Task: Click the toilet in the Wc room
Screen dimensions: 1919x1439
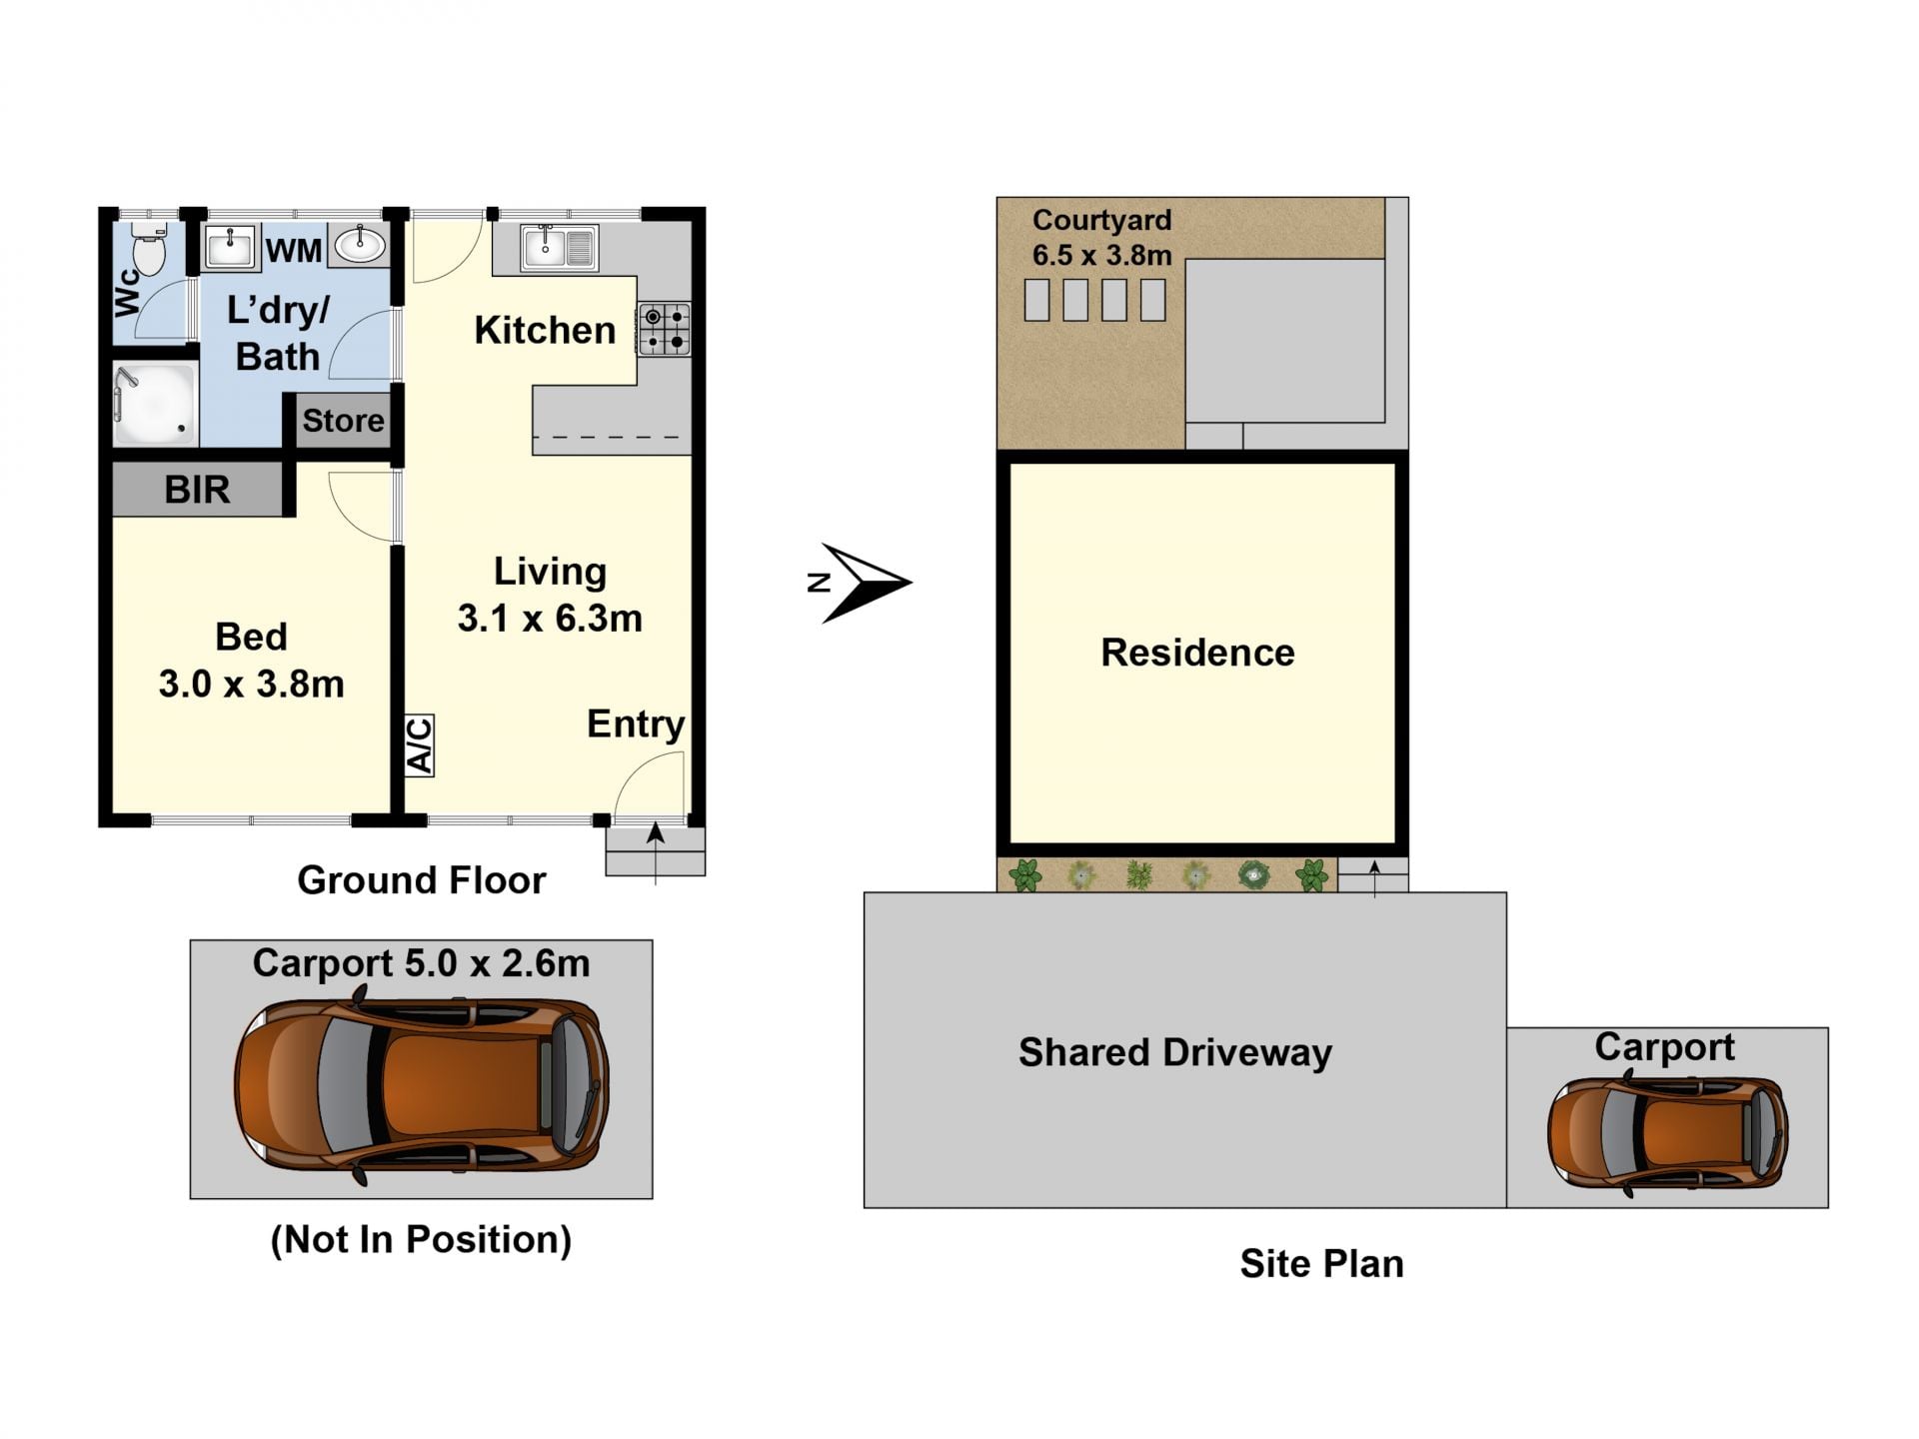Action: click(x=149, y=249)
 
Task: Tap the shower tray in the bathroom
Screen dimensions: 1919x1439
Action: click(x=155, y=405)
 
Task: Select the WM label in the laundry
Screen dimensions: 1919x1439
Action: click(x=294, y=250)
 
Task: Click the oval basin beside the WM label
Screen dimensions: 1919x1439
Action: click(x=360, y=245)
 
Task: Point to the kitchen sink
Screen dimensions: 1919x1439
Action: click(x=559, y=248)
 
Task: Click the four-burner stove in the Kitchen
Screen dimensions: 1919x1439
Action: click(x=664, y=330)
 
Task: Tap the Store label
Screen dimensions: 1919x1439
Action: click(x=343, y=421)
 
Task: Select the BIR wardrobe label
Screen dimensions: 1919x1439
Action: click(x=197, y=490)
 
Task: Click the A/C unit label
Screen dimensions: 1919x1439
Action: click(x=420, y=745)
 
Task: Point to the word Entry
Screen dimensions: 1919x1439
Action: click(x=636, y=724)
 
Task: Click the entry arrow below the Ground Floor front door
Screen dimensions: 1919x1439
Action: click(x=656, y=852)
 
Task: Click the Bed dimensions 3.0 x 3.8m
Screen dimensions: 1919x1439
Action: click(x=252, y=685)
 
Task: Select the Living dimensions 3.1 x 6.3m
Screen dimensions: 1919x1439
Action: click(x=550, y=619)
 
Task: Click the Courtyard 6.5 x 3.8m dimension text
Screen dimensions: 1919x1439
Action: click(x=1102, y=256)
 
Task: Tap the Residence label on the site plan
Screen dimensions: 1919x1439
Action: click(x=1197, y=653)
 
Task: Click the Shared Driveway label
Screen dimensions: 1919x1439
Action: click(x=1175, y=1052)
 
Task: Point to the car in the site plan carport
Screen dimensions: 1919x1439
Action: click(x=1668, y=1133)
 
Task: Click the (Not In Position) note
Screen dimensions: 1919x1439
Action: click(x=421, y=1239)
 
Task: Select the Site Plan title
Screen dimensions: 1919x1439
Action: click(x=1321, y=1264)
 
